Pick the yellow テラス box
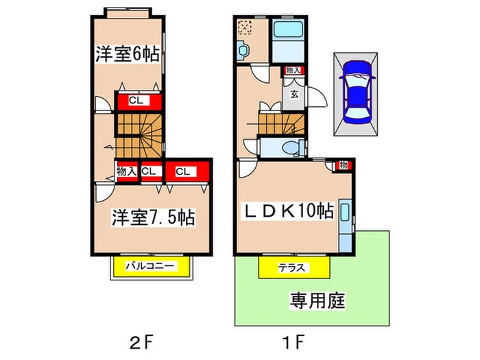tap(291, 267)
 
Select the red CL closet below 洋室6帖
tap(138, 101)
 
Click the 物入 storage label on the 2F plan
tap(126, 171)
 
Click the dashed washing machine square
tap(245, 27)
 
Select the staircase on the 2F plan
tap(138, 134)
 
